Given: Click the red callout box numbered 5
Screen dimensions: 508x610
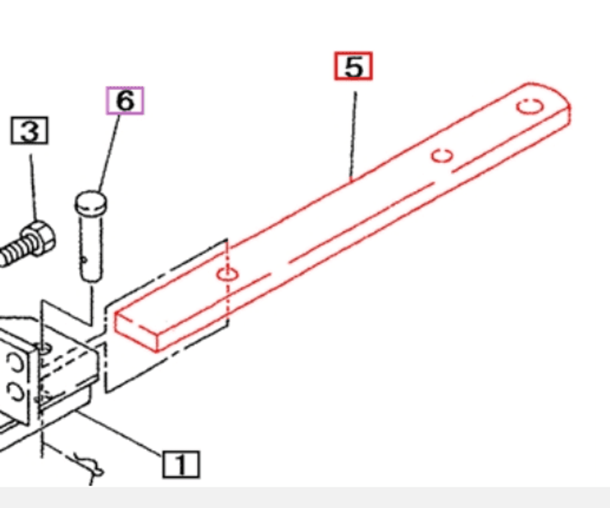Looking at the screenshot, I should [353, 66].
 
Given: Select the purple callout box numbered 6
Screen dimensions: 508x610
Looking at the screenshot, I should [124, 100].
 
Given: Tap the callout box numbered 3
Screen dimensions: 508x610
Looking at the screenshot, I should [30, 130].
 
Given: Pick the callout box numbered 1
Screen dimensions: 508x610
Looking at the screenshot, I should [181, 464].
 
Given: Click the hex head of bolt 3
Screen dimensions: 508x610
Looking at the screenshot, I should [40, 236].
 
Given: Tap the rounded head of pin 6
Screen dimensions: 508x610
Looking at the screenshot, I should [91, 203].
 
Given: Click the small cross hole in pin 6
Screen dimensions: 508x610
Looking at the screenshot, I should [84, 260].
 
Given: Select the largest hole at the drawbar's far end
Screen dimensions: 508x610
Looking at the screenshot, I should [530, 106].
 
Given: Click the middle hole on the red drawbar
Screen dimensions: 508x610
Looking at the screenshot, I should [442, 155].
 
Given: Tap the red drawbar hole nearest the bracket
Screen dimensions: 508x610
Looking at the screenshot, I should [228, 274].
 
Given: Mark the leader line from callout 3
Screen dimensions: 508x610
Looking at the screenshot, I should [33, 186].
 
